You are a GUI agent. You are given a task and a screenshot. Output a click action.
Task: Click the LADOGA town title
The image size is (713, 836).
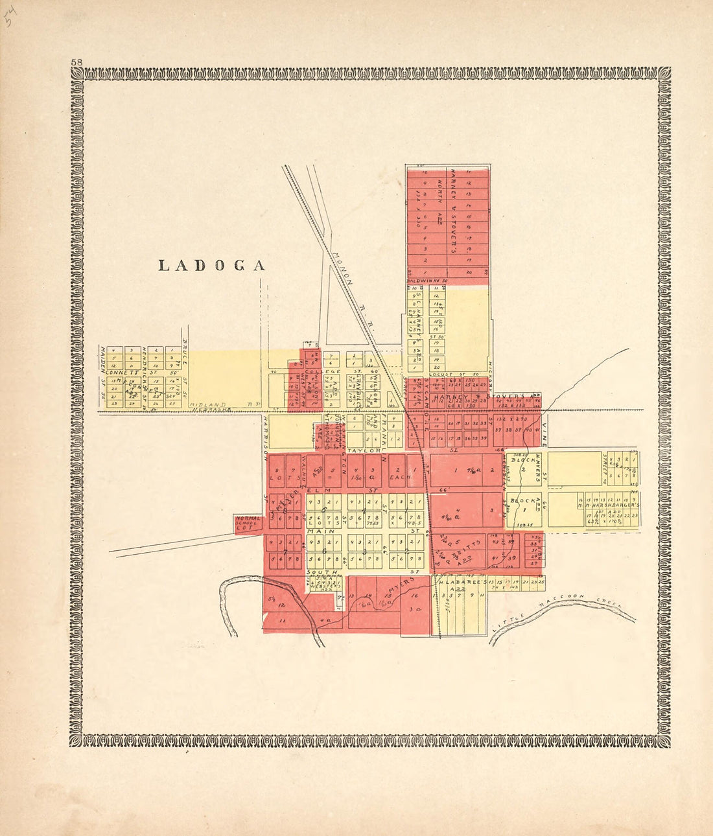[x=213, y=266]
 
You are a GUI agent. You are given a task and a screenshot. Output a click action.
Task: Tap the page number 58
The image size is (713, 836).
[x=76, y=62]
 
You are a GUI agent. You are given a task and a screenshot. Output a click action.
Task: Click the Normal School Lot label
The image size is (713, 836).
[x=248, y=524]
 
